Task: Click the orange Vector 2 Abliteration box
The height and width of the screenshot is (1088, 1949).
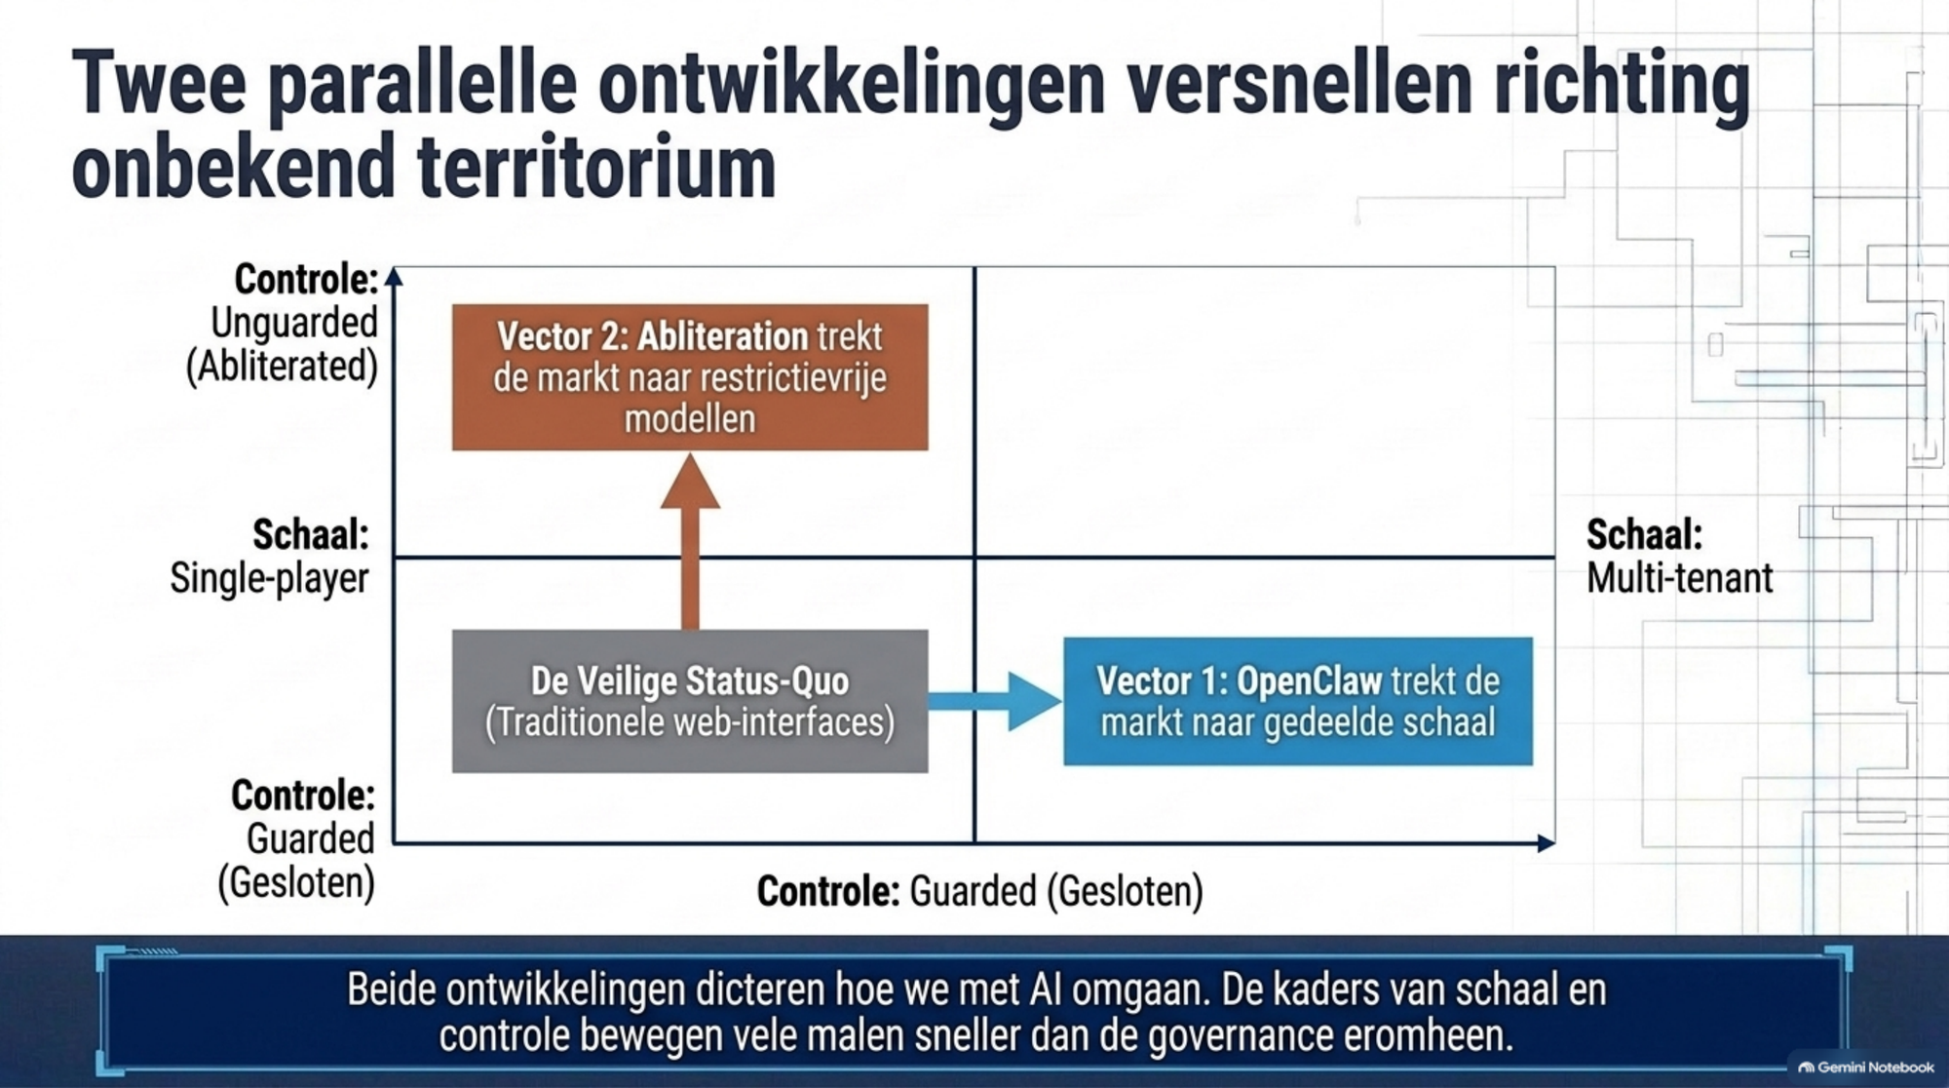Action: coord(690,377)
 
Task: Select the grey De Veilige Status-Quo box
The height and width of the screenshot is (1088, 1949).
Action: coord(690,701)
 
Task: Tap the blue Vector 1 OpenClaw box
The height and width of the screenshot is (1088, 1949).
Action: coord(1298,701)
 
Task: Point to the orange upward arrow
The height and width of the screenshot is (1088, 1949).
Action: coord(690,542)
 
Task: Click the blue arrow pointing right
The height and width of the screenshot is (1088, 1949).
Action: coord(995,701)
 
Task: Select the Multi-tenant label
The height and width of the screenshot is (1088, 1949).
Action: coord(1679,578)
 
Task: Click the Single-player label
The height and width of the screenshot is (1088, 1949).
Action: coord(270,578)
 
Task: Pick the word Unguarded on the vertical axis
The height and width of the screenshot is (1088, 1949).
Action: coord(294,323)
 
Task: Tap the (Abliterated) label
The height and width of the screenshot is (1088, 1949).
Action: coord(282,367)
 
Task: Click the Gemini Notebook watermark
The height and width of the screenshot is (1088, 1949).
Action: coord(1866,1068)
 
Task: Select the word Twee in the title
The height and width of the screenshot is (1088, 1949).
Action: coord(159,84)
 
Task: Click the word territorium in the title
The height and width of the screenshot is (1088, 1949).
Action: coord(596,167)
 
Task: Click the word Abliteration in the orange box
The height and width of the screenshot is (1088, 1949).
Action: coord(722,336)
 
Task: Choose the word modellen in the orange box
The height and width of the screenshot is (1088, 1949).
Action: coord(690,419)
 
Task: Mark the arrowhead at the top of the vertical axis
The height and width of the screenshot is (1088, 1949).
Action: coord(394,277)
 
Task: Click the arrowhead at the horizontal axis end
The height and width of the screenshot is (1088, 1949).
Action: coord(1546,843)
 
